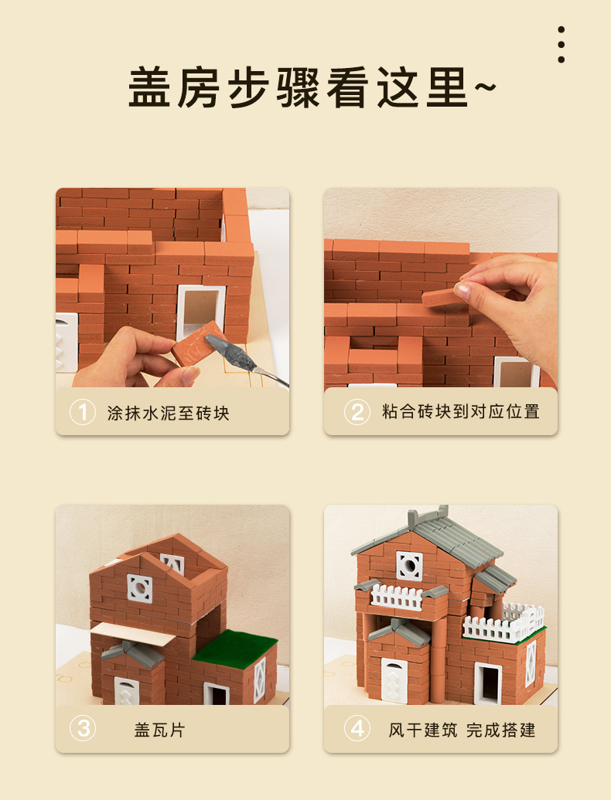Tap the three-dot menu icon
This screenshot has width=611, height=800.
point(561,45)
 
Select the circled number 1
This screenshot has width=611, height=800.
point(82,411)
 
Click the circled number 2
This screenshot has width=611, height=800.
point(357,411)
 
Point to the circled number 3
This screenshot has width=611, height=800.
point(82,729)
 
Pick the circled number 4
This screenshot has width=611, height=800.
point(357,729)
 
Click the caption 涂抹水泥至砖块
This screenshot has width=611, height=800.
point(168,412)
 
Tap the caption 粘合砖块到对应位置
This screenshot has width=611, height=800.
point(460,411)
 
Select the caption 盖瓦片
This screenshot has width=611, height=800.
point(159,730)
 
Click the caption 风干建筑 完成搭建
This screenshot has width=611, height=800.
point(462,730)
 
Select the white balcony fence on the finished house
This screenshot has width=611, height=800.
point(399,597)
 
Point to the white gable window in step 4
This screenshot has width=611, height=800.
point(408,565)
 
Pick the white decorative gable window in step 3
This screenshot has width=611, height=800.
point(140,589)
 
